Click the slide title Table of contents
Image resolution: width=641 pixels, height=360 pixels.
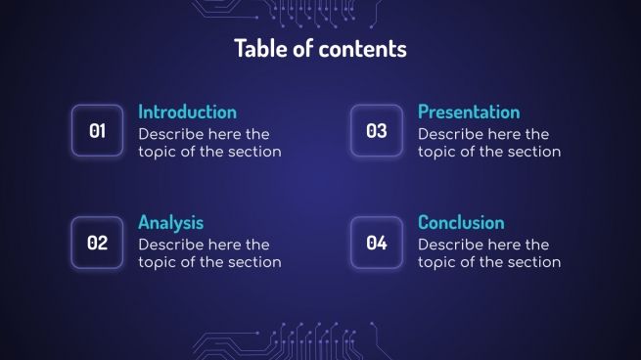pyautogui.click(x=320, y=48)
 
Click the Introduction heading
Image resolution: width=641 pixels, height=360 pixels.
pyautogui.click(x=187, y=112)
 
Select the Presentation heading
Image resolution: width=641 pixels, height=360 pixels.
pyautogui.click(x=469, y=112)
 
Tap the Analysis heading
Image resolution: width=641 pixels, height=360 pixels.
pyautogui.click(x=170, y=222)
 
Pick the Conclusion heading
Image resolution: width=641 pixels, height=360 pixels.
pyautogui.click(x=461, y=222)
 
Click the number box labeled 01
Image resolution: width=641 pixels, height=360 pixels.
pyautogui.click(x=98, y=131)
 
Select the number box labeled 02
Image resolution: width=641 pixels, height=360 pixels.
pyautogui.click(x=98, y=243)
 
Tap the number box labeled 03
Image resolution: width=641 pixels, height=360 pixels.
pyautogui.click(x=377, y=131)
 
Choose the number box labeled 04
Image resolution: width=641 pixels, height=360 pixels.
pyautogui.click(x=377, y=243)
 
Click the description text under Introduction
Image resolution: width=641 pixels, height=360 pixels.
pyautogui.click(x=209, y=143)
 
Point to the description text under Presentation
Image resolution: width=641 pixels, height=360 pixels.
pyautogui.click(x=489, y=143)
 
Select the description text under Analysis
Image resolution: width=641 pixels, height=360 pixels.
pyautogui.click(x=209, y=253)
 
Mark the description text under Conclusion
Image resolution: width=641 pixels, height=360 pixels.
pyautogui.click(x=489, y=253)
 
